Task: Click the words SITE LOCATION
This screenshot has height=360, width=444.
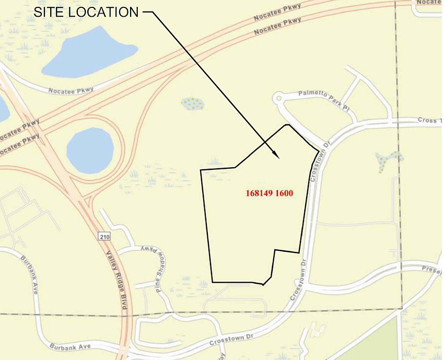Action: (86, 12)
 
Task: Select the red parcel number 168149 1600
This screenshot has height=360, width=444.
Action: (269, 193)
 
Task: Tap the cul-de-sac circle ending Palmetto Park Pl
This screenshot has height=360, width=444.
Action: (278, 97)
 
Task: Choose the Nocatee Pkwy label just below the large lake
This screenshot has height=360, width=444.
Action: (71, 90)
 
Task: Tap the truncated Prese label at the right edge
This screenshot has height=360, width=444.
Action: (433, 269)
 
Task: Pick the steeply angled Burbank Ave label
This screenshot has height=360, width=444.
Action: (29, 274)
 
